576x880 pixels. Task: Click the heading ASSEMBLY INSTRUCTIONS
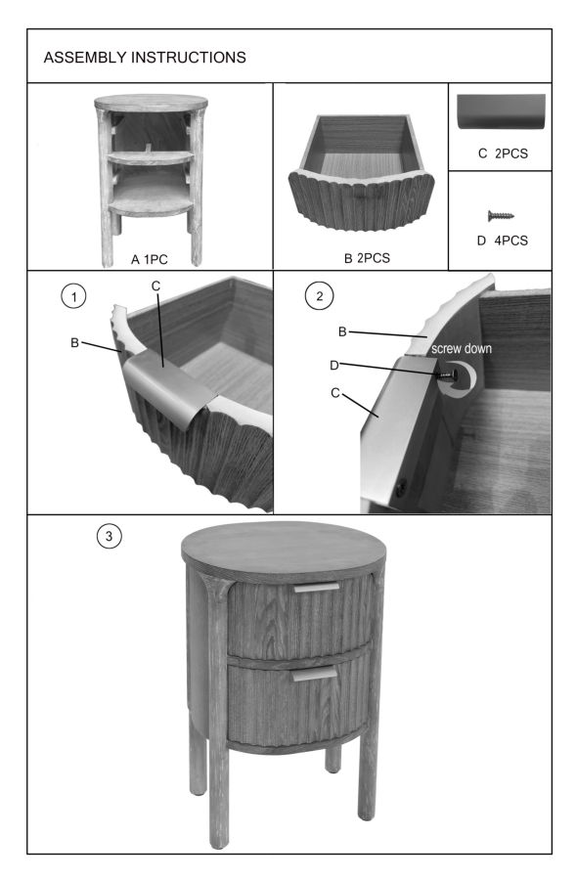coord(145,58)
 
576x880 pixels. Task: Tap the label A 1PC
coord(150,259)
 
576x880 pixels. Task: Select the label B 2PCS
coord(367,258)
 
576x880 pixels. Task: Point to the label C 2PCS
coord(503,154)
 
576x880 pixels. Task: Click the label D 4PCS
coord(503,241)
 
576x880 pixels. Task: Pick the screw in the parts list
coord(501,215)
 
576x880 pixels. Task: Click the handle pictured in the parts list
coord(502,111)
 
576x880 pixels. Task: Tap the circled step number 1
coord(73,295)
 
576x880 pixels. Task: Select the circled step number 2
coord(320,295)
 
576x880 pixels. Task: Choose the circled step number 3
coord(109,536)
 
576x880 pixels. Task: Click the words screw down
coord(462,348)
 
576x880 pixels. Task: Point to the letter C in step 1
coord(156,286)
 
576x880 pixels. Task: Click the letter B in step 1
coord(74,342)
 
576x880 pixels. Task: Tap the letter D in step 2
coord(334,366)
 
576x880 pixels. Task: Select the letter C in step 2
coord(335,393)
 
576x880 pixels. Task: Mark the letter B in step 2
coord(342,331)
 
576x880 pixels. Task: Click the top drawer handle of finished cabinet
coord(317,588)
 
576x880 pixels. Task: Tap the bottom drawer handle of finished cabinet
coord(314,674)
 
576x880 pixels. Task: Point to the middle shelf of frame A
coord(151,157)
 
